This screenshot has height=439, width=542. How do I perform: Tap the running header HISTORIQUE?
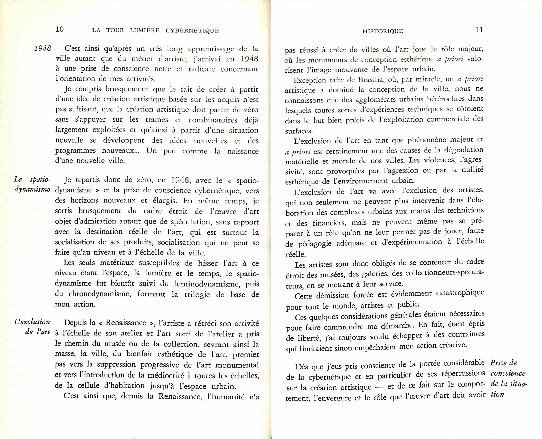tap(383, 31)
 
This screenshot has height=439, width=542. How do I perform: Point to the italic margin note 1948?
tap(43, 48)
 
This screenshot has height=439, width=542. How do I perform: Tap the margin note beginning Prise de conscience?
tap(508, 378)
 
